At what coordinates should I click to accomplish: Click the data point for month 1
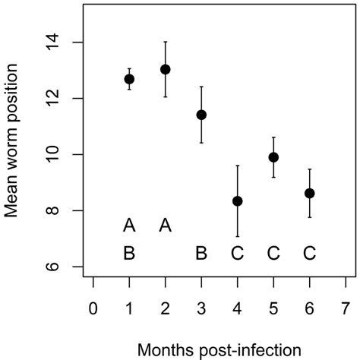click(x=129, y=79)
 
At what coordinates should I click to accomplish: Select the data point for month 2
click(x=166, y=69)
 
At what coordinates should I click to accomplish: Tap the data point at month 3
click(x=201, y=115)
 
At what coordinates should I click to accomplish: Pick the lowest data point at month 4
click(x=238, y=201)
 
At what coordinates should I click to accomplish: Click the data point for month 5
click(x=273, y=157)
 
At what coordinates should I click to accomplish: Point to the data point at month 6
click(x=309, y=193)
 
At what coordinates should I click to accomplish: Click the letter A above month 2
click(x=166, y=225)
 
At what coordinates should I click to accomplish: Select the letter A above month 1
click(x=129, y=225)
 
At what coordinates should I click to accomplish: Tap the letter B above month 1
click(x=129, y=253)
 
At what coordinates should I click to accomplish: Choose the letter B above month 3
click(x=201, y=253)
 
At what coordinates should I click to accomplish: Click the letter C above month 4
click(x=238, y=253)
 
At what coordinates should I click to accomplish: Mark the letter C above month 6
click(x=309, y=253)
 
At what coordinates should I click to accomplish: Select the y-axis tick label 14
click(x=66, y=43)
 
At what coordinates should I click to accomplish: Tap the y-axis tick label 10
click(x=66, y=155)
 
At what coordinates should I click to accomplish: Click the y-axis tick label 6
click(x=66, y=267)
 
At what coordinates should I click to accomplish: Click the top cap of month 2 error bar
click(x=166, y=42)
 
